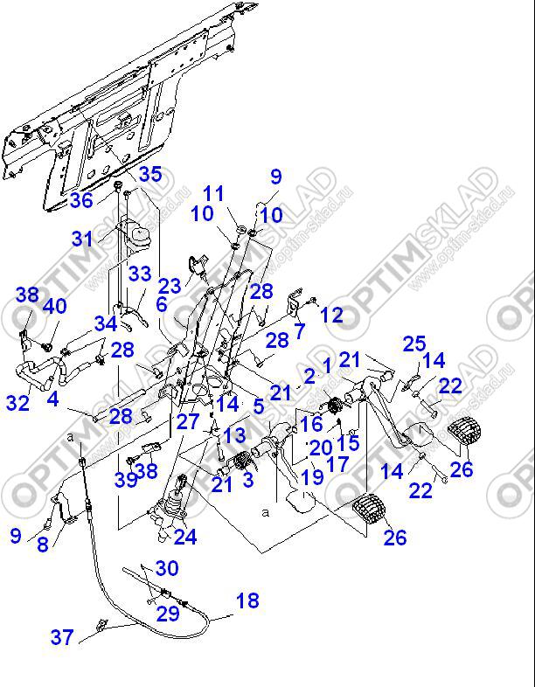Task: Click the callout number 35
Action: click(x=149, y=174)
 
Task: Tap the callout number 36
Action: click(x=81, y=200)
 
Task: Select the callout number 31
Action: click(x=81, y=238)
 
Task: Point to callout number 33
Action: click(x=140, y=274)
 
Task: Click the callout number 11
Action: click(x=213, y=193)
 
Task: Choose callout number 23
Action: click(x=170, y=285)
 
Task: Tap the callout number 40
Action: click(x=54, y=306)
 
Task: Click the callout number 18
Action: click(x=247, y=600)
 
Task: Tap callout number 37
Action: click(x=61, y=637)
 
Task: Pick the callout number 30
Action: click(x=166, y=568)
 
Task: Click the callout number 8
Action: click(x=42, y=545)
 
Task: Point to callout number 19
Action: click(x=313, y=477)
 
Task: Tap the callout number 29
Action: click(x=168, y=613)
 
